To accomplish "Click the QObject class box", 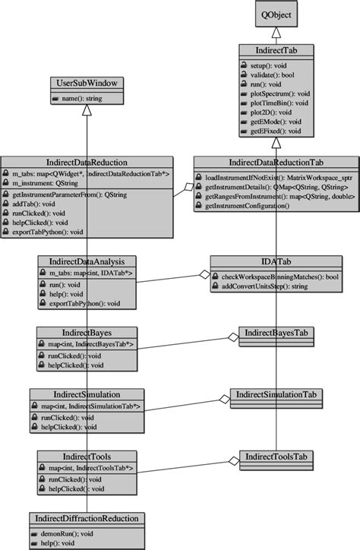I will [x=277, y=15].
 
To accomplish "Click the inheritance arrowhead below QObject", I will [x=277, y=33].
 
